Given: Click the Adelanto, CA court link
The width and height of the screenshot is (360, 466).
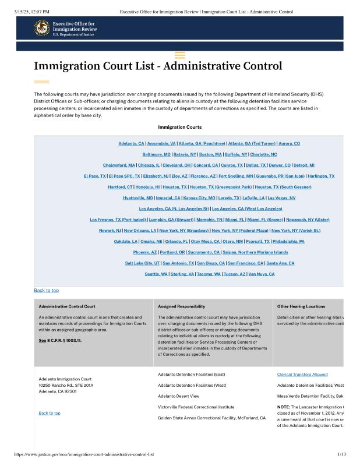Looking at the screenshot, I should pos(131,143).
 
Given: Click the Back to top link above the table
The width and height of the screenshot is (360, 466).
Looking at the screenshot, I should pos(46,290).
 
